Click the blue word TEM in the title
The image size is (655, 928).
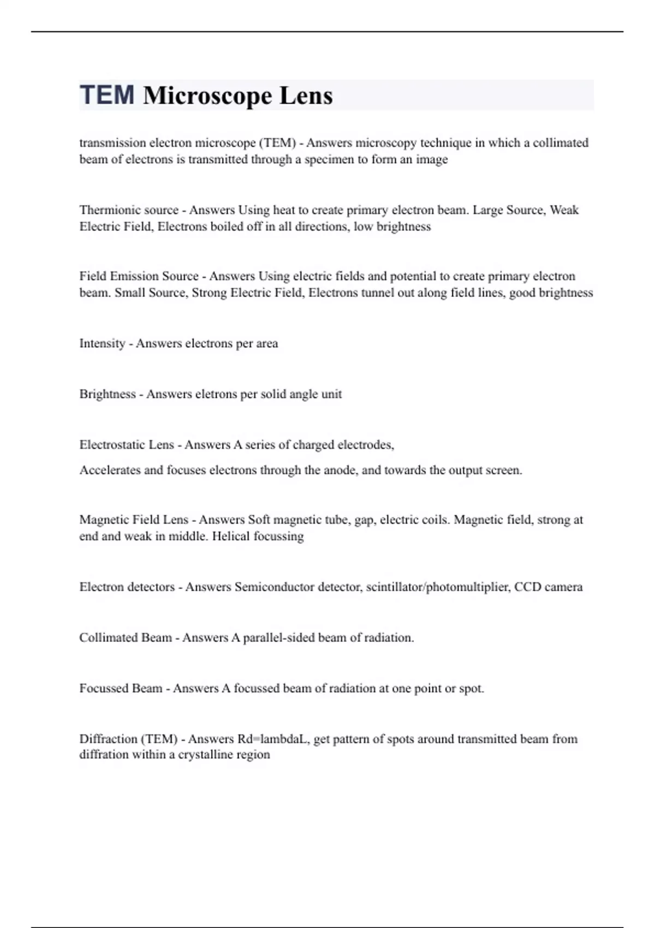107,94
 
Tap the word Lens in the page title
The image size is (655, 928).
306,96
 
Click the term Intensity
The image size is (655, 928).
102,343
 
